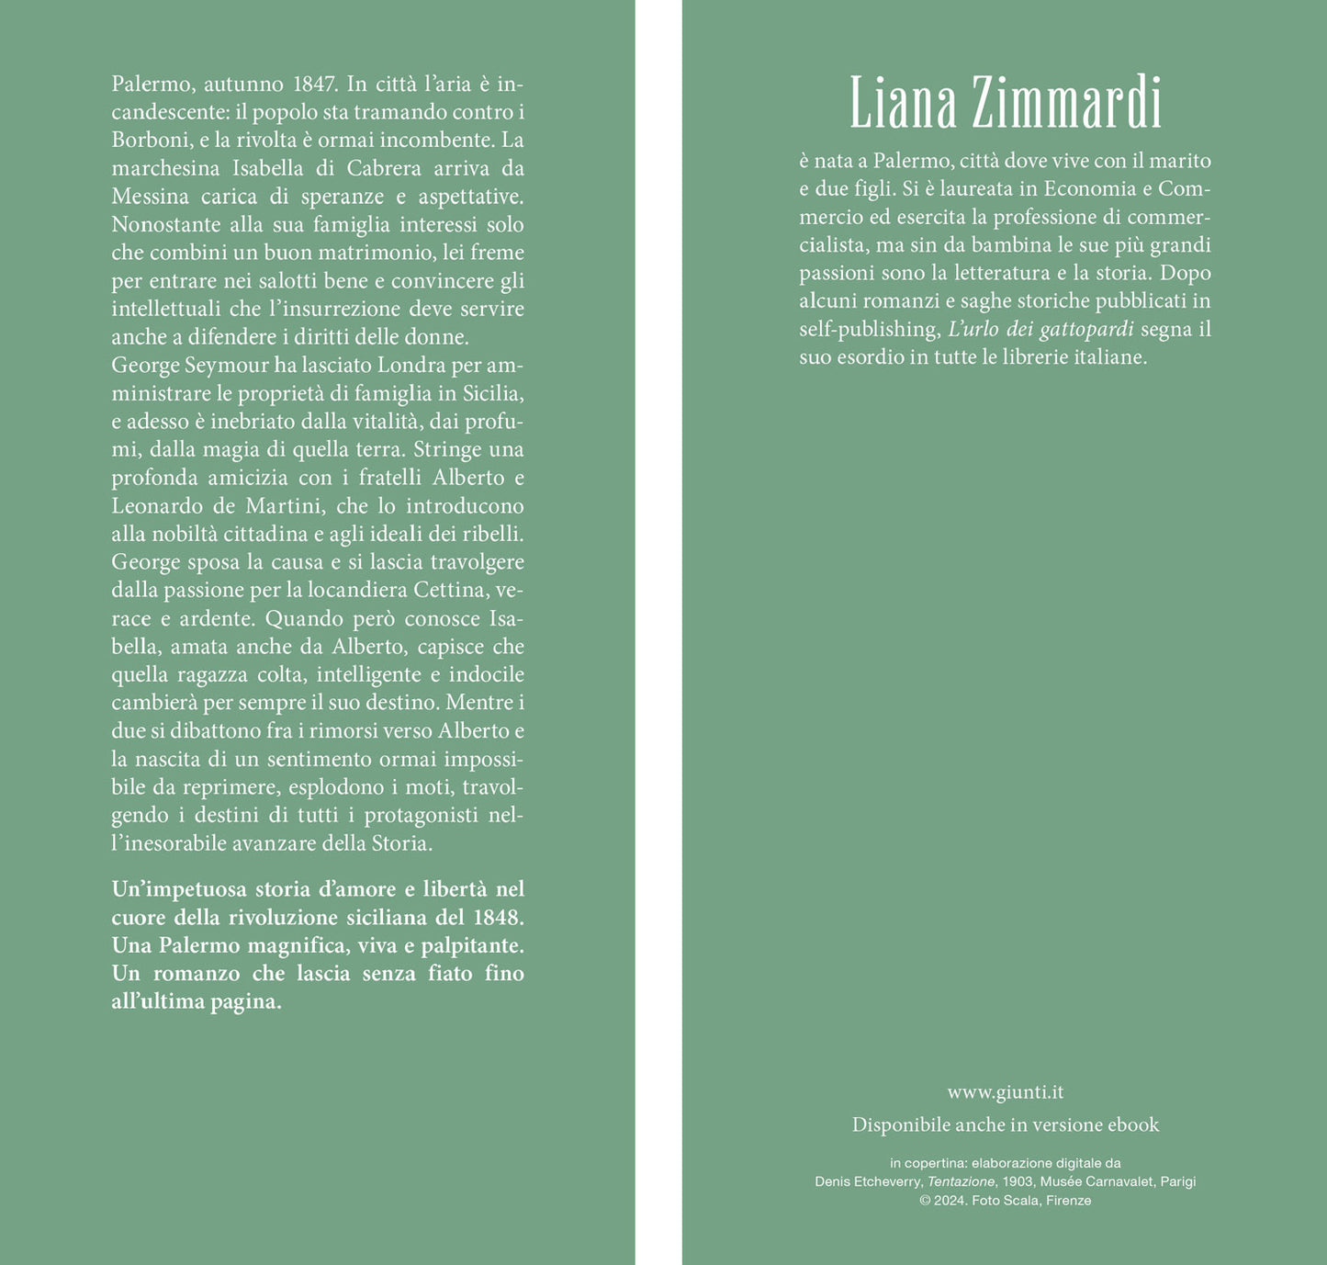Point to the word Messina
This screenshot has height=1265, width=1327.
(151, 197)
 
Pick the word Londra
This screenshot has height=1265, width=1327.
(411, 366)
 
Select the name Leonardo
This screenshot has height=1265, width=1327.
(157, 506)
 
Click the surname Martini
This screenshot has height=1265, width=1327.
(282, 506)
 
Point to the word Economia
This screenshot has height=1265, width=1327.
(1090, 189)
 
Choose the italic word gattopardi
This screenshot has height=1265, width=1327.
(1086, 330)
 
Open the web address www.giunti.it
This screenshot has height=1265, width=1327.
(1006, 1092)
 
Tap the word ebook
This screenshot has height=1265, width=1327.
(1133, 1125)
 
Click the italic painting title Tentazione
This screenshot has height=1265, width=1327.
(961, 1182)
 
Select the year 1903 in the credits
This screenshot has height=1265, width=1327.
(1017, 1182)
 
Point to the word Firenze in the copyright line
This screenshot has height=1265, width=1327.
(1068, 1201)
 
